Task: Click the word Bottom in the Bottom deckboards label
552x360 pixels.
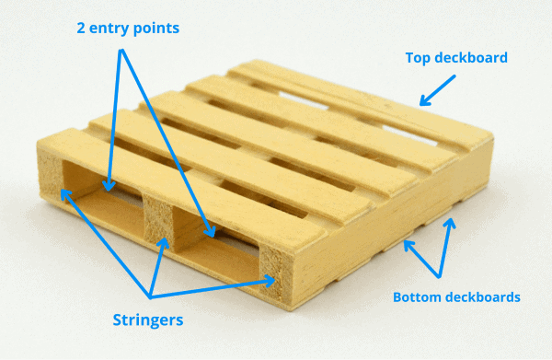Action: coord(418,296)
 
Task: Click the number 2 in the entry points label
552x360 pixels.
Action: coord(80,28)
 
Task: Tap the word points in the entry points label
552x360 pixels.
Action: coord(156,28)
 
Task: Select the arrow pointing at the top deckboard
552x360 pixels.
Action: coord(436,89)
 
